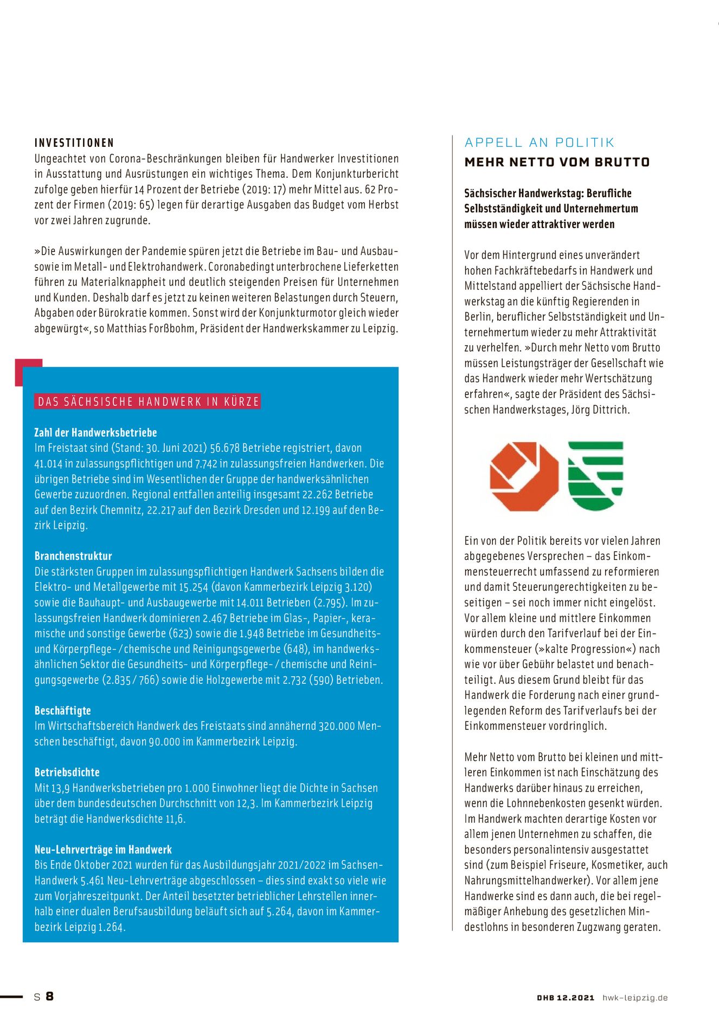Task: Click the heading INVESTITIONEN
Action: [x=74, y=143]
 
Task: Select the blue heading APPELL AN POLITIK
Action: [x=540, y=143]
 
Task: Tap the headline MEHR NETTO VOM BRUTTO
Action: [x=557, y=162]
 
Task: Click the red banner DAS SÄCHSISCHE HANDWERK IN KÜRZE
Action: [x=148, y=402]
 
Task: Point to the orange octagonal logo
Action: [x=524, y=476]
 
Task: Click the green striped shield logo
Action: [x=595, y=475]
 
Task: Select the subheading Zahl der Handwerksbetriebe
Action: [x=95, y=432]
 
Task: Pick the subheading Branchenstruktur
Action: [x=73, y=556]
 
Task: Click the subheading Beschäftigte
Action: [x=62, y=710]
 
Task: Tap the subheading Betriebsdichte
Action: [x=67, y=772]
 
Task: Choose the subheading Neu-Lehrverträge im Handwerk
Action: [x=103, y=850]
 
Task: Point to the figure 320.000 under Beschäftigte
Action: [x=336, y=726]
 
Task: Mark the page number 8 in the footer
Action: [x=49, y=996]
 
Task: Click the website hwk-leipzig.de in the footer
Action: [x=635, y=998]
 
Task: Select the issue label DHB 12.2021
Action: [x=566, y=998]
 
